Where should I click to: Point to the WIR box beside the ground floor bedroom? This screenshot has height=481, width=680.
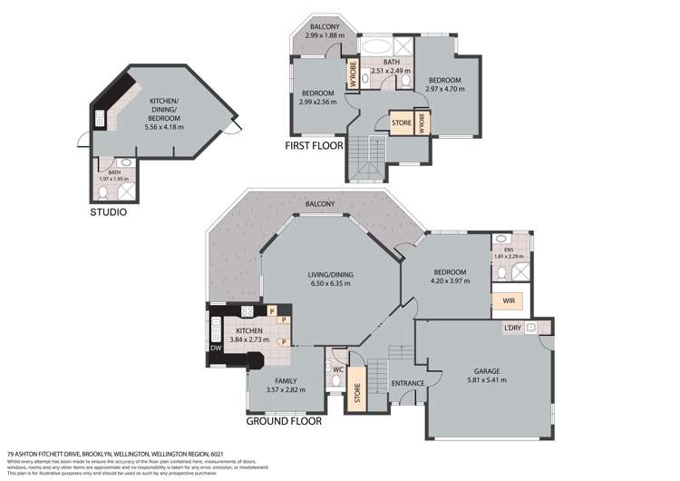pyautogui.click(x=501, y=300)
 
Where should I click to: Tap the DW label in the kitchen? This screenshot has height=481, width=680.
pyautogui.click(x=216, y=348)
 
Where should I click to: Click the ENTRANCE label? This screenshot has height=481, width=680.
pyautogui.click(x=408, y=383)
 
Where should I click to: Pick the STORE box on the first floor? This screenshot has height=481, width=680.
pyautogui.click(x=402, y=121)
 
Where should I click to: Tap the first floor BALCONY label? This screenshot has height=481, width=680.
pyautogui.click(x=324, y=27)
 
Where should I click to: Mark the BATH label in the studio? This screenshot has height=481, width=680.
pyautogui.click(x=114, y=172)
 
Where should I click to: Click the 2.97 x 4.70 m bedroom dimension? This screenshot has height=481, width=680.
pyautogui.click(x=446, y=89)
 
